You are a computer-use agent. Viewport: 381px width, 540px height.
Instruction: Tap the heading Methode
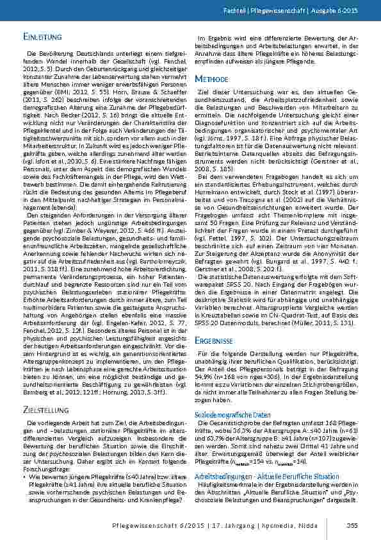tap(212, 78)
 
